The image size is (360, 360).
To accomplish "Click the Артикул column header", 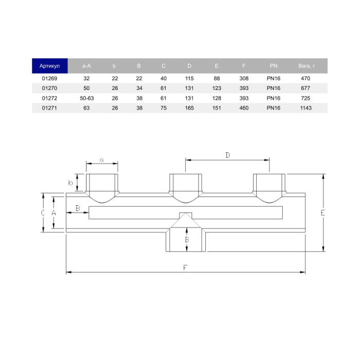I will pos(50,66).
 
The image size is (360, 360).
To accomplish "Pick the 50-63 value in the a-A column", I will pos(86,98).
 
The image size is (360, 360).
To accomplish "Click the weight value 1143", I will pos(305,107).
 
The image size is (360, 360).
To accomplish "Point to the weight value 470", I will pos(305,79).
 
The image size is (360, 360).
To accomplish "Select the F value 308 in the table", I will pos(244,79).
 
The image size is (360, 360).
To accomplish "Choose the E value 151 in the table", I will pos(217,107).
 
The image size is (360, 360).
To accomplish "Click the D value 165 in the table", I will pos(189,107).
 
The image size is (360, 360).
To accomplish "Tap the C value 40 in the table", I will pos(164,79).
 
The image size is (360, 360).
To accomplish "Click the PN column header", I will pos(274,66).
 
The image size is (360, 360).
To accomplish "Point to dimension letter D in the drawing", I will pos(227,155).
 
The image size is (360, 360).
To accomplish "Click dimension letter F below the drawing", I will pos(186,267).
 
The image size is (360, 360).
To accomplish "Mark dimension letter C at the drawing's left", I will pos(43,212).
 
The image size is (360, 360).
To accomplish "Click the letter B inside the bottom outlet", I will pos(187,240).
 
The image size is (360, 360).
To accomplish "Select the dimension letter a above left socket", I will pos(102,160).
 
